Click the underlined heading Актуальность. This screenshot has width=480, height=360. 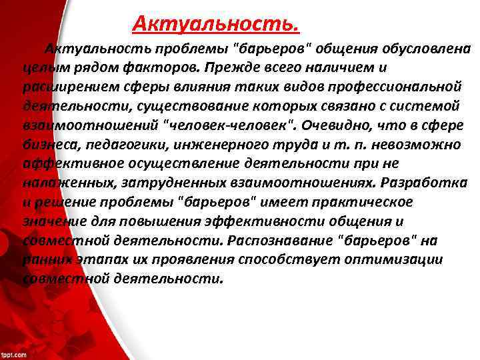[x=215, y=24]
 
